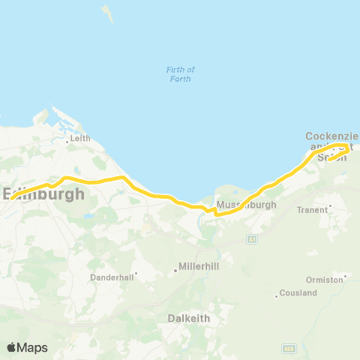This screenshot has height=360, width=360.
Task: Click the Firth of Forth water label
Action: click(x=180, y=73)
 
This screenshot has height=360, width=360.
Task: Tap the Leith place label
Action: click(x=79, y=138)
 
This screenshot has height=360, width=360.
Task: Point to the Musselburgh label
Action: click(x=246, y=205)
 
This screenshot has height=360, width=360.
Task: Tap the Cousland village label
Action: click(x=298, y=292)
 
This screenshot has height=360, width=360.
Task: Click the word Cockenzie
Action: click(x=330, y=136)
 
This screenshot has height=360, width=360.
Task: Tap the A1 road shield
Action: click(x=253, y=238)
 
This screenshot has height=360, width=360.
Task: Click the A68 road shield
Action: click(x=288, y=348)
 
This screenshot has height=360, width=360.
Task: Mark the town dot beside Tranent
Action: click(x=330, y=205)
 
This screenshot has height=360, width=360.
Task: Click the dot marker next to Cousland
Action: click(x=277, y=296)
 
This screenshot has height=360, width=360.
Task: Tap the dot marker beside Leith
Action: click(x=67, y=142)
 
